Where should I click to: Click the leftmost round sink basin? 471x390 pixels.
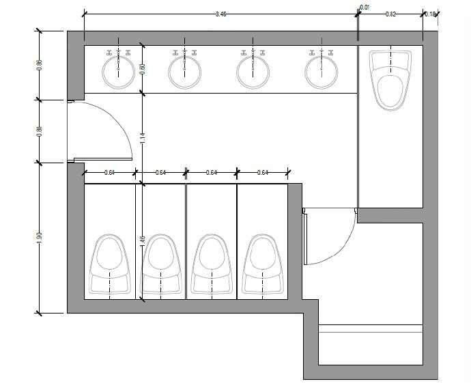118,72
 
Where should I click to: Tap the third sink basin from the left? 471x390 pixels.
253,72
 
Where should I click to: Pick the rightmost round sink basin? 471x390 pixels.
321,72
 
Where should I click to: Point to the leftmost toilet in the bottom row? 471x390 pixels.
110,265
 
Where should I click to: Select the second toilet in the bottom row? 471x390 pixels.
160,265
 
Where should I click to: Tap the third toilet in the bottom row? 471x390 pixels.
211,265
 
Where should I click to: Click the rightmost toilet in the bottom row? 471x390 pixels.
262,265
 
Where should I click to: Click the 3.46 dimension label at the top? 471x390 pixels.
220,14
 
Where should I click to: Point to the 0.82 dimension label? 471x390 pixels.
390,14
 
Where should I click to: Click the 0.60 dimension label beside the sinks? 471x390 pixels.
142,68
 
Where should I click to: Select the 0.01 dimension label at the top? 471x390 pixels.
365,8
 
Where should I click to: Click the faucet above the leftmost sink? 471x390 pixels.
118,52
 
